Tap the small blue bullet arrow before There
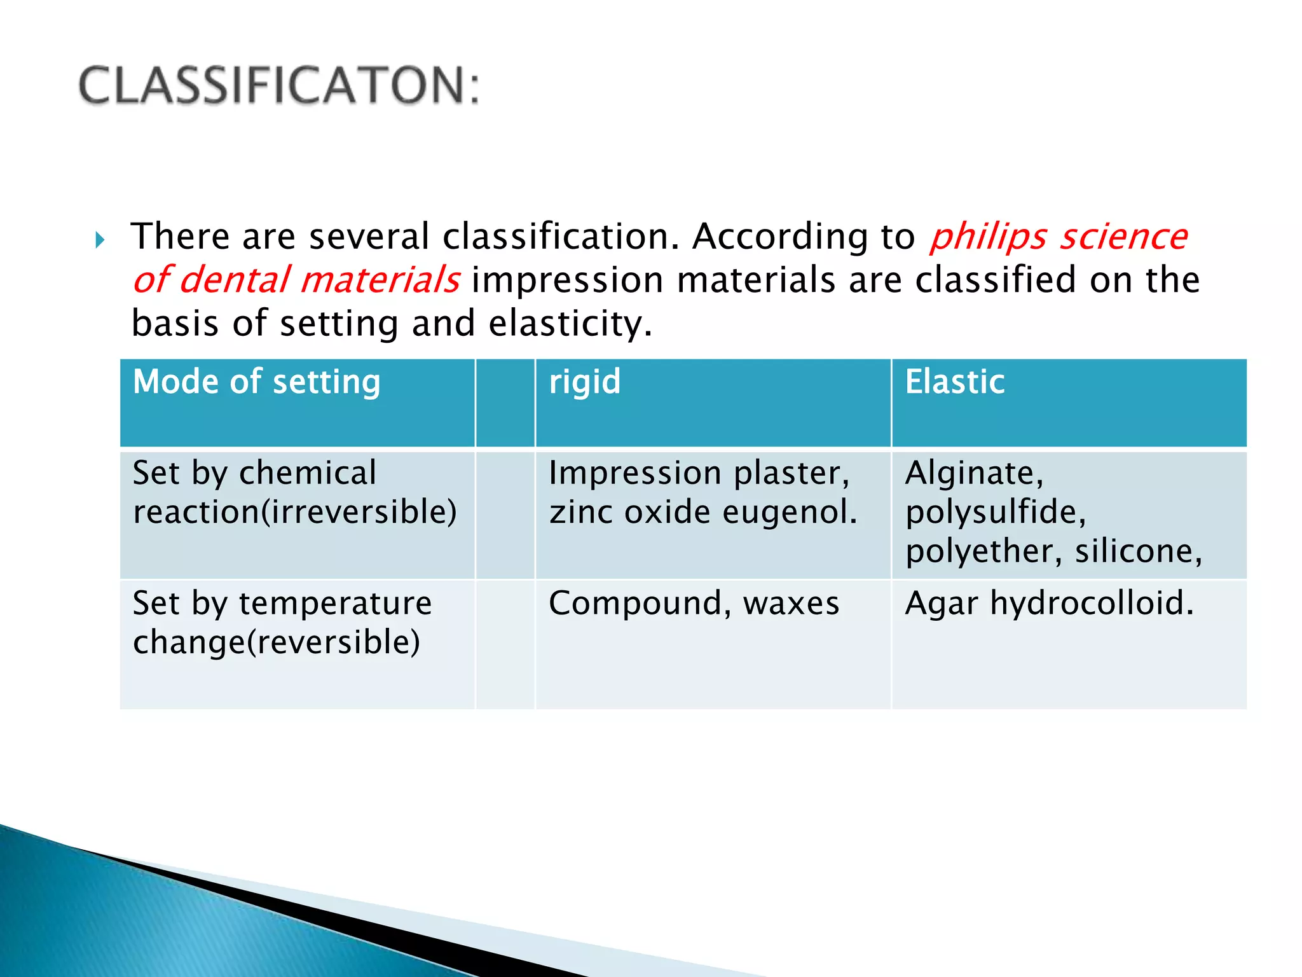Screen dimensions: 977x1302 (100, 240)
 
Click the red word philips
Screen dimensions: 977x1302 (987, 237)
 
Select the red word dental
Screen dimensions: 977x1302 (233, 281)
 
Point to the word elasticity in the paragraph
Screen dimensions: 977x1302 (570, 324)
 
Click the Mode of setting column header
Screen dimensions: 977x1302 (256, 382)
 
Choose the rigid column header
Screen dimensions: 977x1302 (584, 382)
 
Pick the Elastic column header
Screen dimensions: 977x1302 (954, 382)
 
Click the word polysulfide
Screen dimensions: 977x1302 (996, 512)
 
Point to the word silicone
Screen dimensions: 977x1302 (1138, 551)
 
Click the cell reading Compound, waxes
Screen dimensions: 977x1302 (694, 603)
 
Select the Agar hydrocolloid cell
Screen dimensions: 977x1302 (1049, 603)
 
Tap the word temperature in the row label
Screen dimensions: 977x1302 (335, 603)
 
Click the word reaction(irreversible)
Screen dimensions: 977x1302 (294, 512)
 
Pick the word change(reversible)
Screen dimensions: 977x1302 (277, 642)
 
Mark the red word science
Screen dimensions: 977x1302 (1123, 237)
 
